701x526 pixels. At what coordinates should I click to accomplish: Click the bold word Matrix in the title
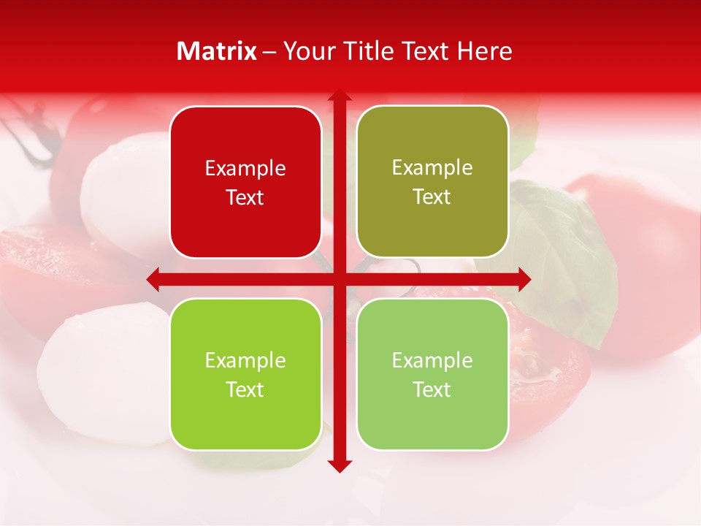tap(217, 51)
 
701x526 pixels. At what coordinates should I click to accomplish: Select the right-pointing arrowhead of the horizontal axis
tap(524, 279)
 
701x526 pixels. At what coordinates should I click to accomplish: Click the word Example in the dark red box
tap(245, 169)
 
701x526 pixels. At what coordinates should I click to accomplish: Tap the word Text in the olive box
tap(432, 197)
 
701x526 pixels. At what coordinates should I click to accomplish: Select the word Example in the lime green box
tap(245, 360)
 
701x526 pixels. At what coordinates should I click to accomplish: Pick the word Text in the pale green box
tap(432, 389)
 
